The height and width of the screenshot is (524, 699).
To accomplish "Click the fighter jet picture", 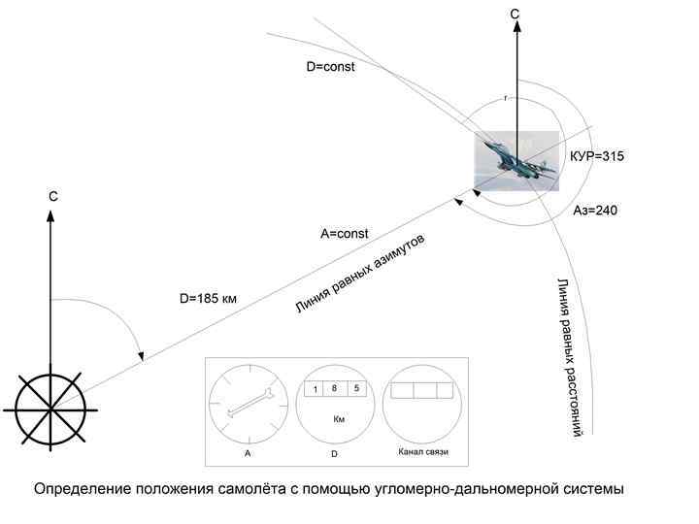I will point(516,161).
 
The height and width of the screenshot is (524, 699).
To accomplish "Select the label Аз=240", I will point(595,210).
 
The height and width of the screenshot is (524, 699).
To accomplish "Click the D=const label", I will point(330,68).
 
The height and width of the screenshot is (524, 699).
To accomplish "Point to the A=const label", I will point(345,234).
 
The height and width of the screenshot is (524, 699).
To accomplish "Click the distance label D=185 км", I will point(208,299).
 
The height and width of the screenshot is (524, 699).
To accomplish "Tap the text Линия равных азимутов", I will point(360,275).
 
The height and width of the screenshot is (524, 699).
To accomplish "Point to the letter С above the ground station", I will point(54,197).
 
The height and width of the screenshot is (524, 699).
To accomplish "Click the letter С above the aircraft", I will point(516,15).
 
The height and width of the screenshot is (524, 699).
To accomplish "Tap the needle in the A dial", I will point(248,404).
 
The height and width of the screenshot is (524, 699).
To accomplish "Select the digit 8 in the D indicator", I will point(334,388).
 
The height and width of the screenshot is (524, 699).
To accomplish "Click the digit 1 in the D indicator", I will point(316,389).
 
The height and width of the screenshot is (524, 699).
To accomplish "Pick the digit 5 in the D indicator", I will point(356,388).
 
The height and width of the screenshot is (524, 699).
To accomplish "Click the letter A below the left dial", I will point(249,454).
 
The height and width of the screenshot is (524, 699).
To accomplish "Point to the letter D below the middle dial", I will point(334,454).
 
